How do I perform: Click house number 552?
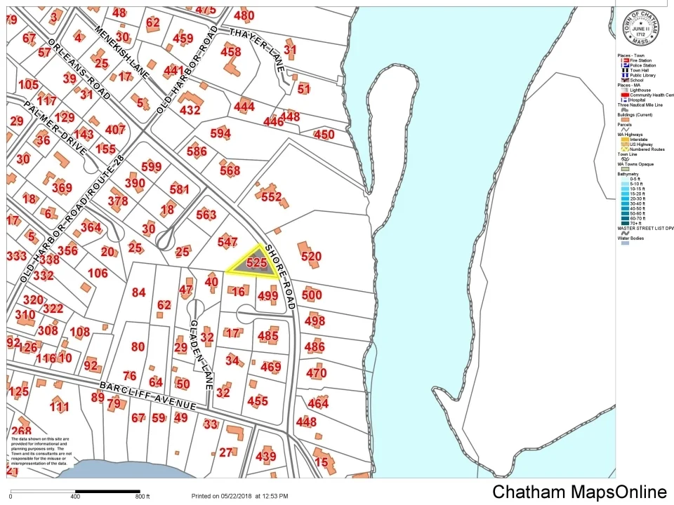271,196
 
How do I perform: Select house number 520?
311,257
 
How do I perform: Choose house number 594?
220,133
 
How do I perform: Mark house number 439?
266,457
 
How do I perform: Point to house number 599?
151,166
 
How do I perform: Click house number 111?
60,407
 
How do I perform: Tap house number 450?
324,135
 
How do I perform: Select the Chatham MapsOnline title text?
579,492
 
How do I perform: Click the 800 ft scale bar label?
143,497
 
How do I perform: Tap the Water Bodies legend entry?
632,238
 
